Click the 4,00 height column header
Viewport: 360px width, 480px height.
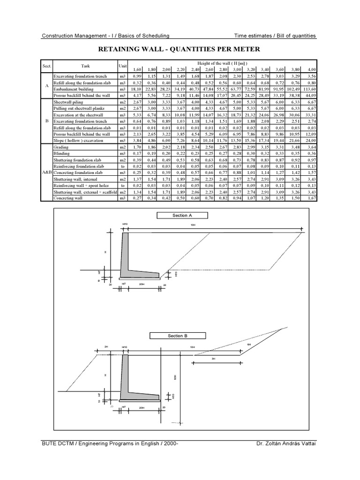[308, 69]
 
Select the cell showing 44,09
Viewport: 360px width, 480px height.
[308, 96]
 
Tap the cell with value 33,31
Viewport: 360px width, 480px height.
[308, 115]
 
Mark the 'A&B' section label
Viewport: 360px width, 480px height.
[46, 172]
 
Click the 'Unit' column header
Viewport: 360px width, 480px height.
[123, 66]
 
